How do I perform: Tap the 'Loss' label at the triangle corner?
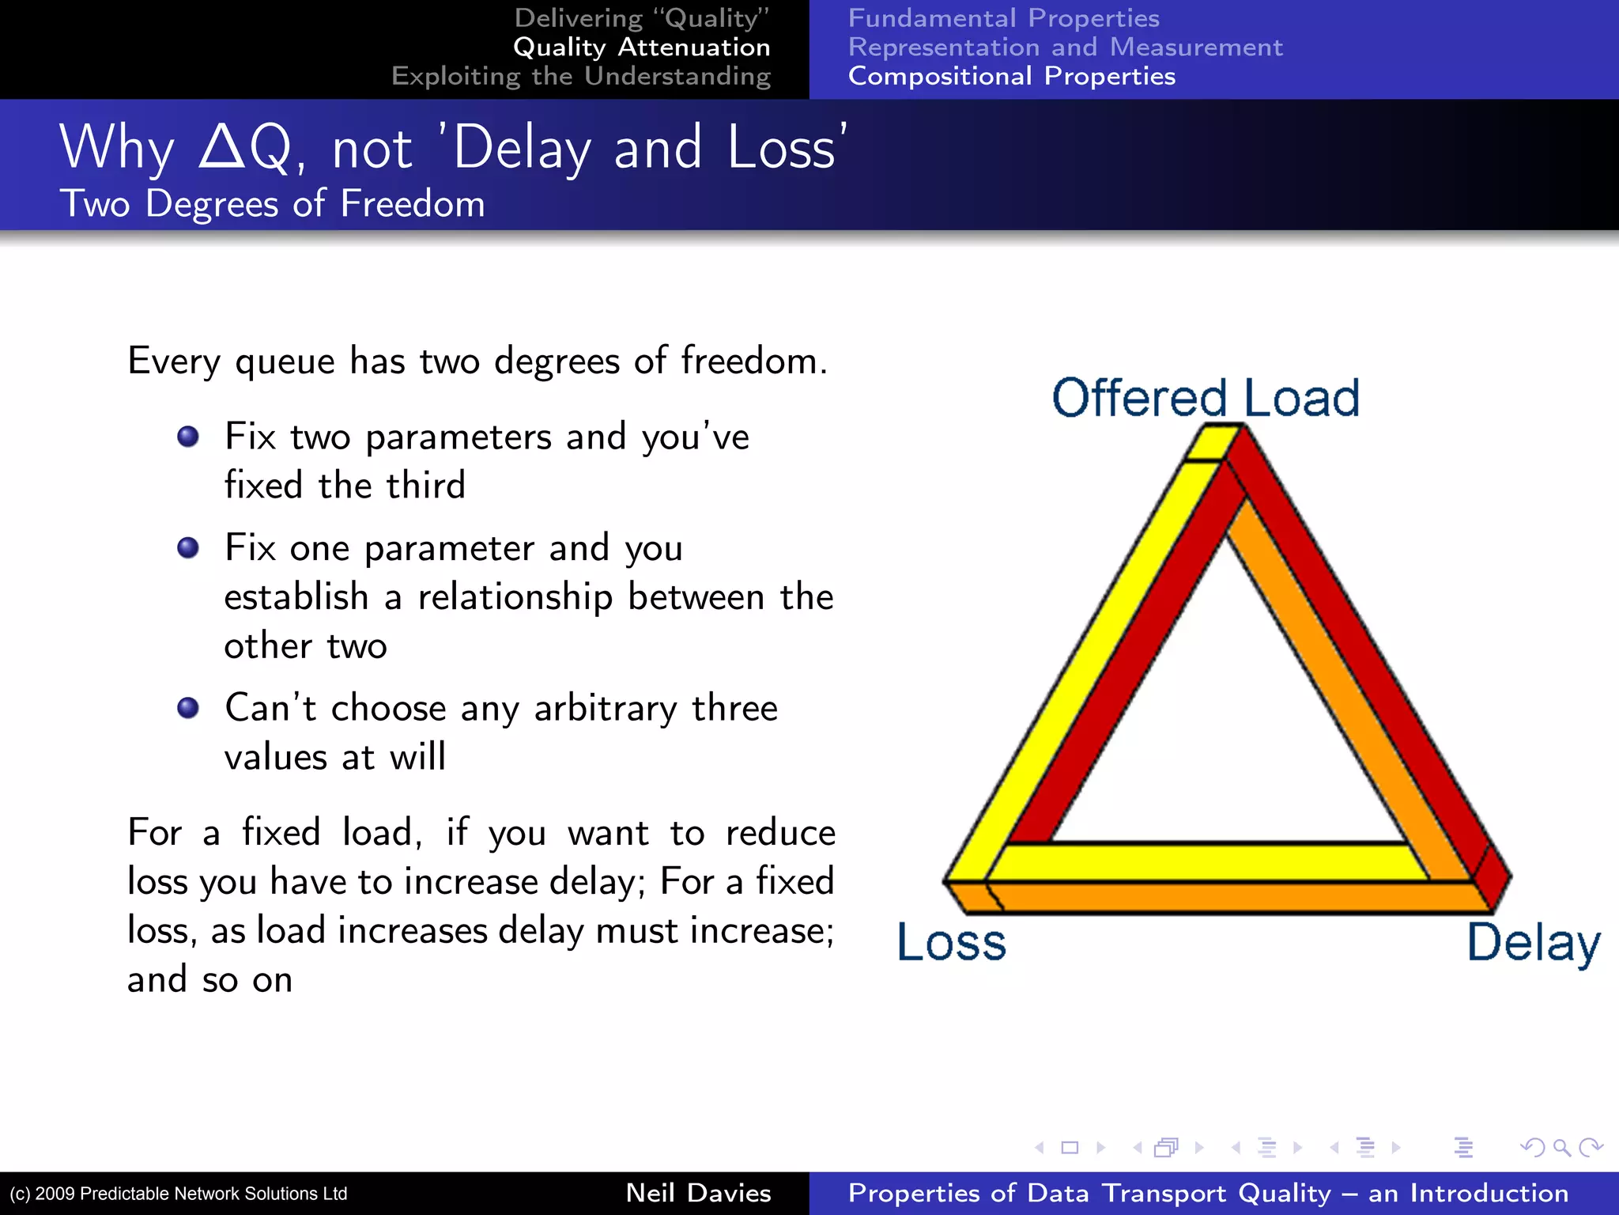click(x=951, y=942)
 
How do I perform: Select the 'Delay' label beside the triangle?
click(x=1533, y=942)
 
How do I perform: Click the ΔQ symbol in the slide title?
click(x=245, y=148)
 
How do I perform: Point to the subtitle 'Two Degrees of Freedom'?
click(x=272, y=204)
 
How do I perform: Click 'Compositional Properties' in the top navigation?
click(x=1011, y=76)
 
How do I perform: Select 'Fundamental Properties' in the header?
click(x=1003, y=18)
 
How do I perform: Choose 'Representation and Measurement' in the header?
click(x=1065, y=47)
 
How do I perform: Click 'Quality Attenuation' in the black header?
click(x=641, y=47)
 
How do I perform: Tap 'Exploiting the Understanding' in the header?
click(x=581, y=76)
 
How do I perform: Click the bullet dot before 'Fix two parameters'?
click(x=188, y=437)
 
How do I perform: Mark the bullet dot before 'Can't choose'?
click(x=188, y=708)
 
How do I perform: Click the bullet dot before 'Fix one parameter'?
click(x=188, y=547)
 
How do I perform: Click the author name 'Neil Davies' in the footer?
click(x=698, y=1193)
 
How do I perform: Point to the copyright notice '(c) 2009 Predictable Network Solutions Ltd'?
click(x=179, y=1194)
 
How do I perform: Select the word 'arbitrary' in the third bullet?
click(x=606, y=708)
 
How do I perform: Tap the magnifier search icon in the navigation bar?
click(x=1561, y=1147)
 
